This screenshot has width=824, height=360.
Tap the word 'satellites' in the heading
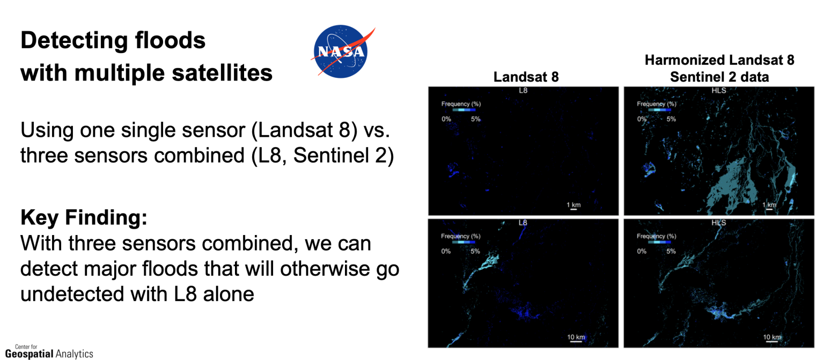pos(222,72)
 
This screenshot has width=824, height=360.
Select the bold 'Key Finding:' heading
pos(84,218)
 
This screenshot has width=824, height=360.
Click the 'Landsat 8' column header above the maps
pos(526,77)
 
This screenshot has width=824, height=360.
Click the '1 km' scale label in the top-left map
pos(573,205)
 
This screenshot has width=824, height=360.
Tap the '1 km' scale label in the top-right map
pos(769,205)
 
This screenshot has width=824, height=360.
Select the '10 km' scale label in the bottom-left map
pos(576,337)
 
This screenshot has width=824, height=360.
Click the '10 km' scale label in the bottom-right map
pos(772,337)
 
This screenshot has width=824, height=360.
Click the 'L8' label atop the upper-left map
pos(523,91)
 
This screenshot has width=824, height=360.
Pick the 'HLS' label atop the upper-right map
pos(719,91)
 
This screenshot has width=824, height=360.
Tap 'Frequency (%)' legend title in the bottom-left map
pos(461,236)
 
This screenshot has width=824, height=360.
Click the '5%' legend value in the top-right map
pos(671,119)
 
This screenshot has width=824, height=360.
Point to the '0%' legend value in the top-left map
pos(446,119)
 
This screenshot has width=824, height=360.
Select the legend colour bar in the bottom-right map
pos(659,242)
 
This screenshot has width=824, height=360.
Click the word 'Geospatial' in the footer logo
pos(30,354)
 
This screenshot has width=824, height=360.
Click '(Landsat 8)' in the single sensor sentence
pos(304,130)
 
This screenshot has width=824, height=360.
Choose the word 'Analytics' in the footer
pos(75,354)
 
